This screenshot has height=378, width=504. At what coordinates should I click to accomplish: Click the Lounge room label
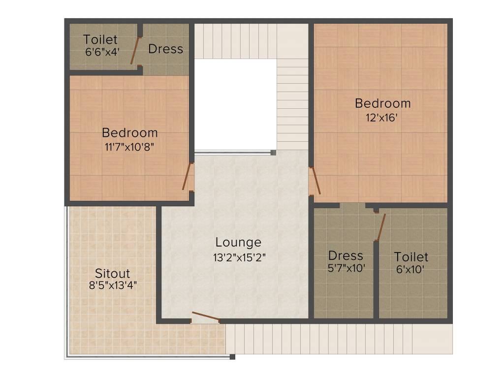point(238,242)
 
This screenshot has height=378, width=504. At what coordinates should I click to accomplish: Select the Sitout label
point(113,273)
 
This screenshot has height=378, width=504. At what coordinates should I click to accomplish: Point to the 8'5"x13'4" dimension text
point(112,285)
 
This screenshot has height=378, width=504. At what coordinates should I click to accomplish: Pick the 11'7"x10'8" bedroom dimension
point(129,147)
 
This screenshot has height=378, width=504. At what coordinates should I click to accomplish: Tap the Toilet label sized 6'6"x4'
point(100,39)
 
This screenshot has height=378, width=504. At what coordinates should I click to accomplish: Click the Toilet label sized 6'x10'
point(411,257)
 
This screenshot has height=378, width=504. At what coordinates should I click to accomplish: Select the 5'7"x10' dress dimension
point(346,269)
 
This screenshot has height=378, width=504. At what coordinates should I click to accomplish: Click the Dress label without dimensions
point(165,49)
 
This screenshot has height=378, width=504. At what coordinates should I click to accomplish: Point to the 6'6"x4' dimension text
point(102,51)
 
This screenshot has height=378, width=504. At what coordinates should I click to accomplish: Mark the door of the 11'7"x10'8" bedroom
point(187,176)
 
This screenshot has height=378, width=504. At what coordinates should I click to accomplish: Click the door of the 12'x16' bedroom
point(315,180)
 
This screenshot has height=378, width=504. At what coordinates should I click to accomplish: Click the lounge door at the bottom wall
point(205,316)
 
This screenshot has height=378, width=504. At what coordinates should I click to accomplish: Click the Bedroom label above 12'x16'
point(382,103)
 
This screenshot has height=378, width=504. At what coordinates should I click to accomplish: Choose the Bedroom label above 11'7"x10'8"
point(129,132)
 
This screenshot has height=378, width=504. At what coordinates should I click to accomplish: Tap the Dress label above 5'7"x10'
point(346,255)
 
